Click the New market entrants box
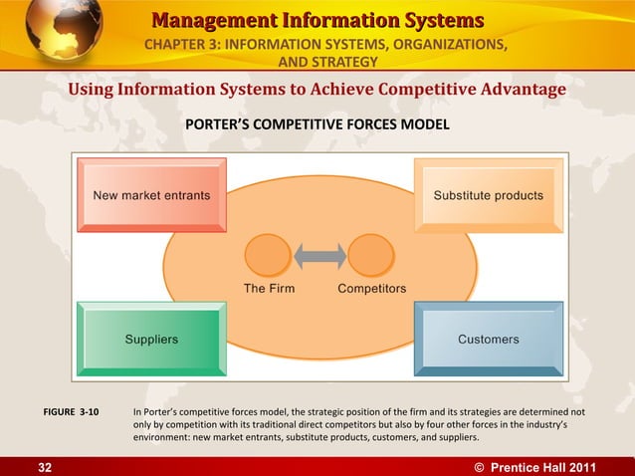click(x=150, y=195)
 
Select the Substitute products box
click(x=488, y=195)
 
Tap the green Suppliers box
click(x=150, y=339)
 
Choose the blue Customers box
click(x=488, y=339)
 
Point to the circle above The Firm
click(x=269, y=255)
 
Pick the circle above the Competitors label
click(x=371, y=255)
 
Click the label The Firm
click(x=269, y=289)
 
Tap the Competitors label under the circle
click(x=371, y=289)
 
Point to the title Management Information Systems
click(x=318, y=21)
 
